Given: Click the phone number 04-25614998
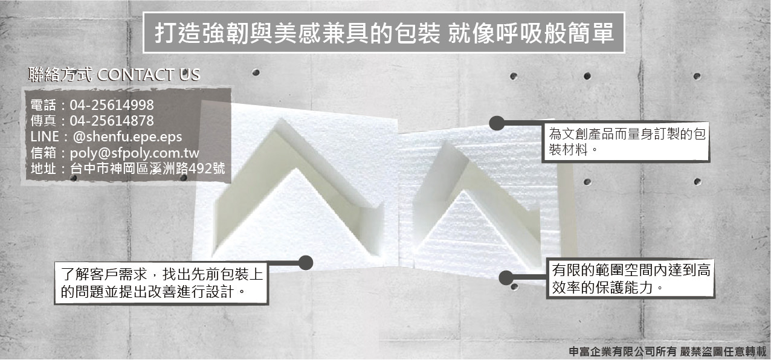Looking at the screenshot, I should tap(112, 104).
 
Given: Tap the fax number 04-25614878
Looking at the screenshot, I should tap(112, 121).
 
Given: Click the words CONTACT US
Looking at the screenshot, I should tap(149, 75).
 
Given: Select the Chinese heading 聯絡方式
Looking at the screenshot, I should tap(60, 75).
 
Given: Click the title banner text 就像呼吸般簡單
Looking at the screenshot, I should tap(531, 33).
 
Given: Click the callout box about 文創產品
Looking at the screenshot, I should tap(625, 142).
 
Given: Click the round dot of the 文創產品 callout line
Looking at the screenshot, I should tap(497, 124).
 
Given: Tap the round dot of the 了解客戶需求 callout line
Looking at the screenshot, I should tap(306, 262).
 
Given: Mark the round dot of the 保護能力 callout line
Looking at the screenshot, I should tap(506, 278).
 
